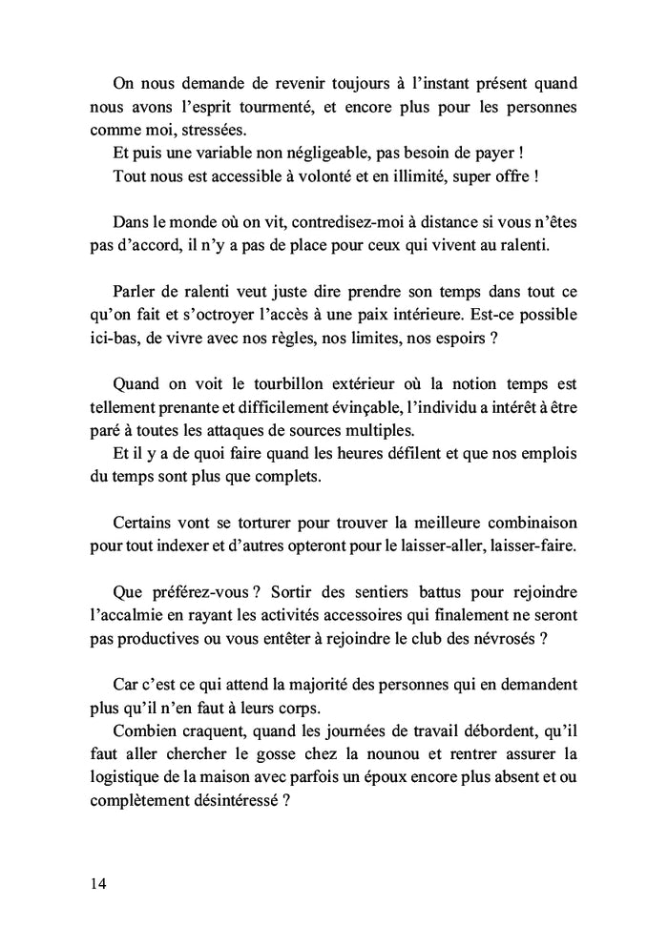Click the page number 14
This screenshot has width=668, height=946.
98,882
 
